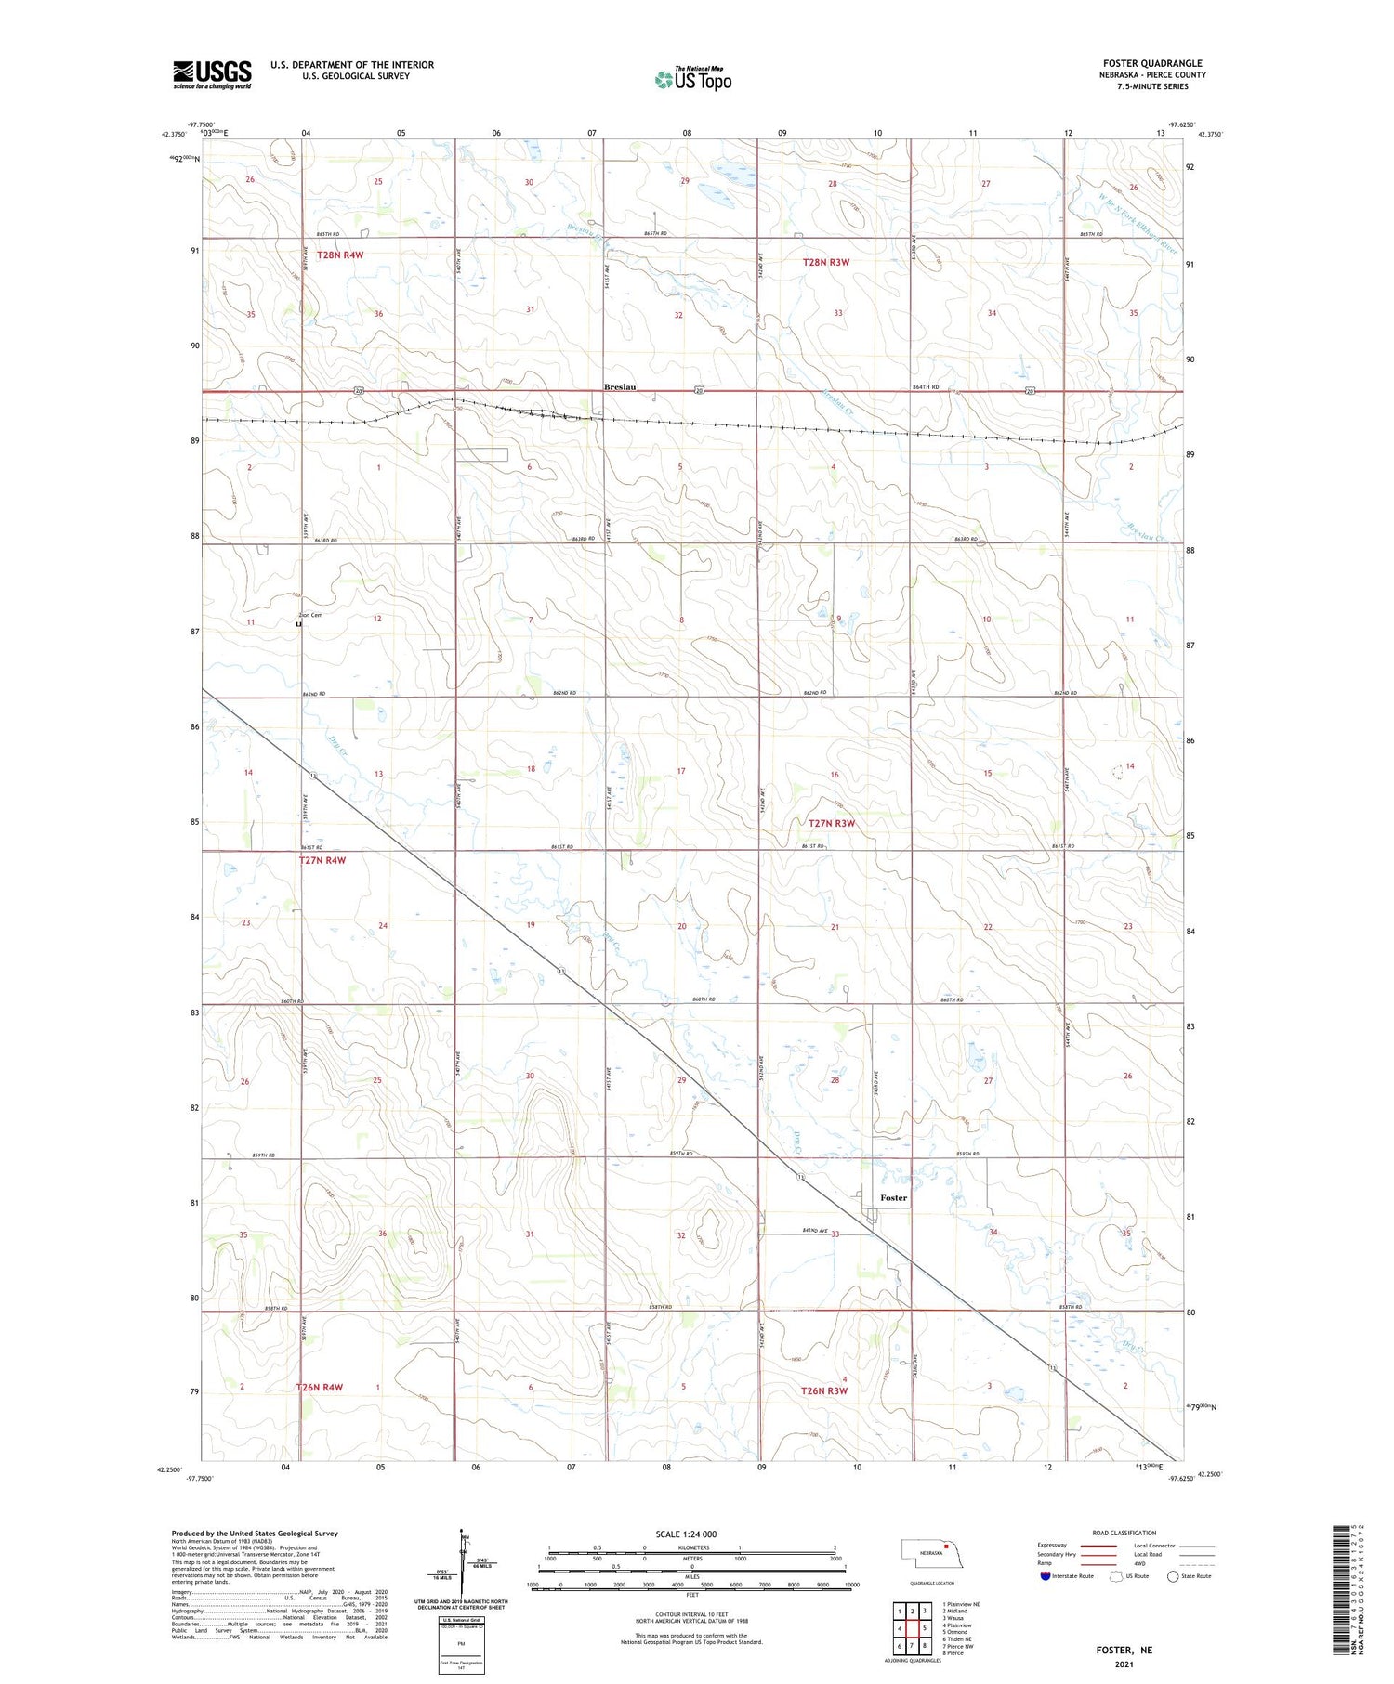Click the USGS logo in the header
[x=212, y=74]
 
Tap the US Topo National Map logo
[x=692, y=79]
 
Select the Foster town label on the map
[x=893, y=1198]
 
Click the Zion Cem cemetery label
[x=310, y=615]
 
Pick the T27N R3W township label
[x=831, y=824]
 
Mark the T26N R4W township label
[x=320, y=1388]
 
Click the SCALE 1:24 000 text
[x=686, y=1534]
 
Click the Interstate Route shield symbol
[x=1045, y=1576]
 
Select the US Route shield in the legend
[x=1116, y=1576]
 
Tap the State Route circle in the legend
[x=1173, y=1576]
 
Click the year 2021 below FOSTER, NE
[x=1124, y=1664]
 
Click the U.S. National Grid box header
[x=460, y=1620]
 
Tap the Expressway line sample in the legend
[x=1098, y=1546]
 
